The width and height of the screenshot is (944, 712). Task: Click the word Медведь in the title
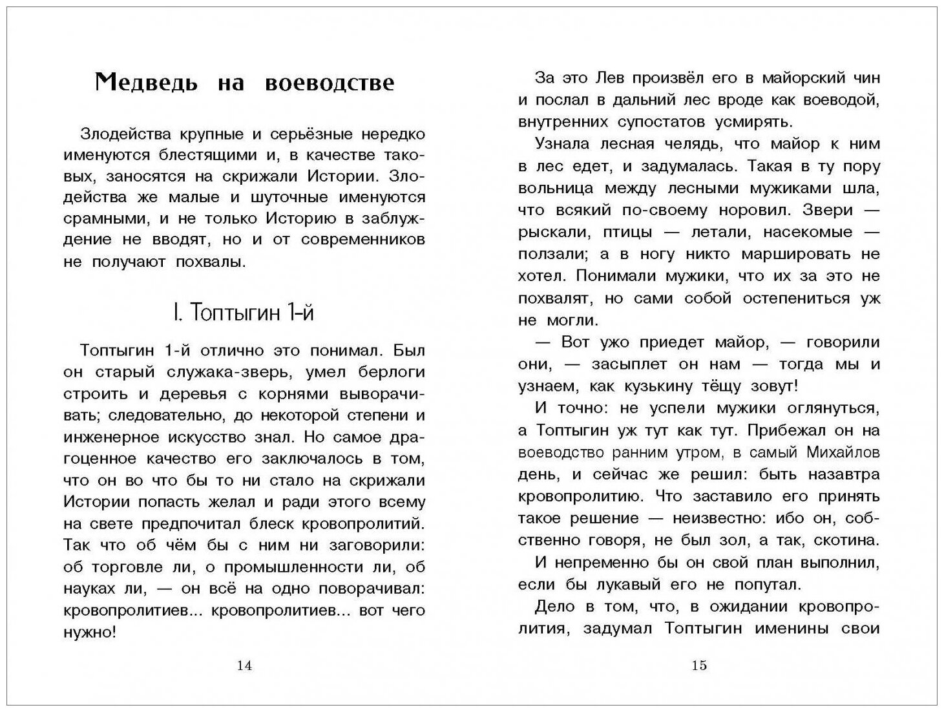click(145, 83)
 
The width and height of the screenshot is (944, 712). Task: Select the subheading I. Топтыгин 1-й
click(244, 313)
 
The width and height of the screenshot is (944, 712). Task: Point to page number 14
click(244, 666)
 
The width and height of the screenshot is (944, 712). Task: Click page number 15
click(699, 666)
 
